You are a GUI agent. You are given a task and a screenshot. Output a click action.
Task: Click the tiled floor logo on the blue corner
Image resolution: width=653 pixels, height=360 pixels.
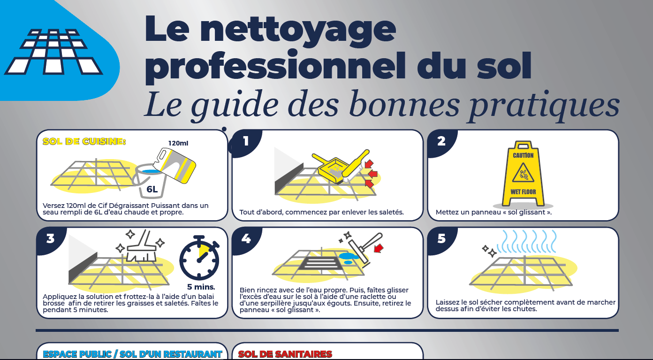[x=53, y=52]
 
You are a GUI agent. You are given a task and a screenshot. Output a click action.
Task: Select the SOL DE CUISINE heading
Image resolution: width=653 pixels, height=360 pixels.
[x=84, y=141]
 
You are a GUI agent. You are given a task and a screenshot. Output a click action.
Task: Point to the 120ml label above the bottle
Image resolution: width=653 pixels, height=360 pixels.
[x=178, y=143]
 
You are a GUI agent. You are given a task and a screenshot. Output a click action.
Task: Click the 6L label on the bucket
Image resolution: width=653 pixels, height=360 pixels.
[x=152, y=189]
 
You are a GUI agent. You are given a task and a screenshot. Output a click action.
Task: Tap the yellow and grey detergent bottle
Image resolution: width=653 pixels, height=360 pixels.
[x=175, y=165]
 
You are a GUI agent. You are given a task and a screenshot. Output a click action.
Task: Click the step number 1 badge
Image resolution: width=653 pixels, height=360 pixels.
[x=246, y=141]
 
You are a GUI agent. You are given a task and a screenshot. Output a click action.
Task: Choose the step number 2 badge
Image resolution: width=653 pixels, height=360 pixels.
[x=441, y=141]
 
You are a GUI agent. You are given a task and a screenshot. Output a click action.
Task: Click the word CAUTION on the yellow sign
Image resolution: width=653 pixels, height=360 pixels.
[x=523, y=155]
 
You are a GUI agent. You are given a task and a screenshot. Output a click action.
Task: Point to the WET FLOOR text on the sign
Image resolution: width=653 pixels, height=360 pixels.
[x=523, y=191]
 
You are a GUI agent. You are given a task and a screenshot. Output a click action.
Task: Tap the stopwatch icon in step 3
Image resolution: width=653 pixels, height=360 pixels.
[x=200, y=258]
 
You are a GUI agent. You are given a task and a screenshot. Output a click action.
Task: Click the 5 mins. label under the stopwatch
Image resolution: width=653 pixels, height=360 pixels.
[x=201, y=287]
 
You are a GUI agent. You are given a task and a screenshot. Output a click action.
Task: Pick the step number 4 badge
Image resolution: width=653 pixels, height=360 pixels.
[x=246, y=239]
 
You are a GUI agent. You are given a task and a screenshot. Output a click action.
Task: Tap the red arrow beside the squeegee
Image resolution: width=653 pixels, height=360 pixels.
[x=379, y=249]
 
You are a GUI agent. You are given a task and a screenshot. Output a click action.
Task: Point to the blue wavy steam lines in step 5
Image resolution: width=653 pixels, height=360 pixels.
[x=526, y=241]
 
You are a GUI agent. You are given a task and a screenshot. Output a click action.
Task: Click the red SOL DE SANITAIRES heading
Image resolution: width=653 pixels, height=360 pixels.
[x=285, y=354]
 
